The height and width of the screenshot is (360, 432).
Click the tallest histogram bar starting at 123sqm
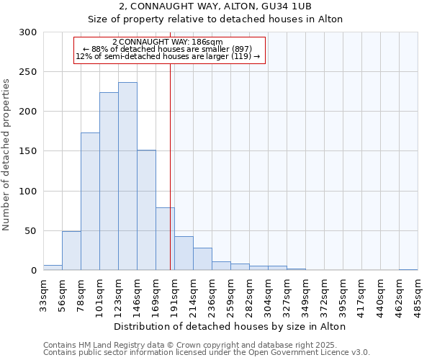click(127, 176)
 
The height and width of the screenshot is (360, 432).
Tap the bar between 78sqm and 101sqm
click(90, 202)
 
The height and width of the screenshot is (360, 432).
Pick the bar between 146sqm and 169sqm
click(146, 210)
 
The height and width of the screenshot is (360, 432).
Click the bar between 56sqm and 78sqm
click(71, 251)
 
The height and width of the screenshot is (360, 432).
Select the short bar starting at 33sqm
click(53, 268)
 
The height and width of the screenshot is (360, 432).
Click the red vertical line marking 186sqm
click(170, 144)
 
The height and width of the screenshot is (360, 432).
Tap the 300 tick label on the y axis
click(28, 32)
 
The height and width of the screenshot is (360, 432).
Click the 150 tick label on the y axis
click(28, 151)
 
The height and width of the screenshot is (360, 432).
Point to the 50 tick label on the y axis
click(31, 231)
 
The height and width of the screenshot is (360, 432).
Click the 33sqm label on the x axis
click(43, 295)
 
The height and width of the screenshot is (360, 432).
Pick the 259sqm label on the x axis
click(230, 295)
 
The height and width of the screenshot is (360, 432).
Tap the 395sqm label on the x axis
click(343, 295)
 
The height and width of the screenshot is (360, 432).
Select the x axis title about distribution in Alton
click(230, 327)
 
